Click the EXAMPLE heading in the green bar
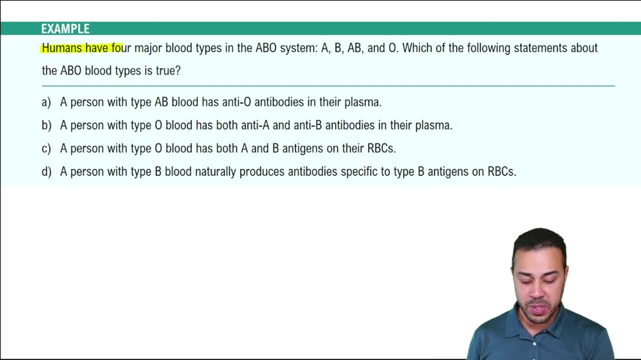coord(65,29)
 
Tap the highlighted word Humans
coord(62,48)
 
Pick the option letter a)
coord(46,102)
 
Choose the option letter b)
coord(46,126)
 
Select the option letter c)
coord(46,149)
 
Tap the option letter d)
coord(46,172)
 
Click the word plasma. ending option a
coord(363,102)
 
